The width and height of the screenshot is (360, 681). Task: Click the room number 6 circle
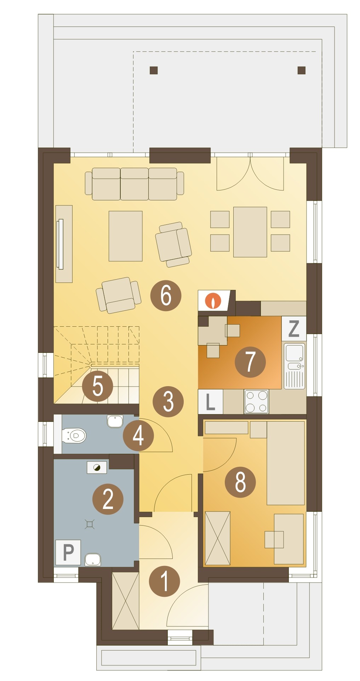click(x=166, y=296)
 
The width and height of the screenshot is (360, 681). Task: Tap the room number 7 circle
click(x=250, y=362)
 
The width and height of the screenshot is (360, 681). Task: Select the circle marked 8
click(x=240, y=482)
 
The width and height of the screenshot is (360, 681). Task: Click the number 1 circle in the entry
click(x=164, y=581)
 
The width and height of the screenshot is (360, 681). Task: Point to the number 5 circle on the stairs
click(x=97, y=386)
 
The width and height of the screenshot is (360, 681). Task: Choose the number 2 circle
click(x=108, y=499)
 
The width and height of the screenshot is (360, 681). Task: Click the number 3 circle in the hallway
click(x=168, y=402)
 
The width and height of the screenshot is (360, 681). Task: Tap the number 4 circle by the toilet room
click(x=138, y=435)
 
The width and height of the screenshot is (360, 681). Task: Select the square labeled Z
click(x=294, y=328)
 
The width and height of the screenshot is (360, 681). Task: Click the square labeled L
click(x=210, y=402)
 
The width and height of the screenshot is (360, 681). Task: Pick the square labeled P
click(x=68, y=552)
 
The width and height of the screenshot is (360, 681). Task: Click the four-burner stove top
click(x=256, y=402)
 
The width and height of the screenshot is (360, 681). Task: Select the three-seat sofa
click(x=135, y=184)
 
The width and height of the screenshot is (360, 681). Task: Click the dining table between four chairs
click(x=250, y=232)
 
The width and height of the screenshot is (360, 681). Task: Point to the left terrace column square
click(x=154, y=70)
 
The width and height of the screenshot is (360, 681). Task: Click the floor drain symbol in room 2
click(x=90, y=524)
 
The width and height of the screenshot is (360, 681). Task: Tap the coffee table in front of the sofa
click(x=125, y=236)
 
